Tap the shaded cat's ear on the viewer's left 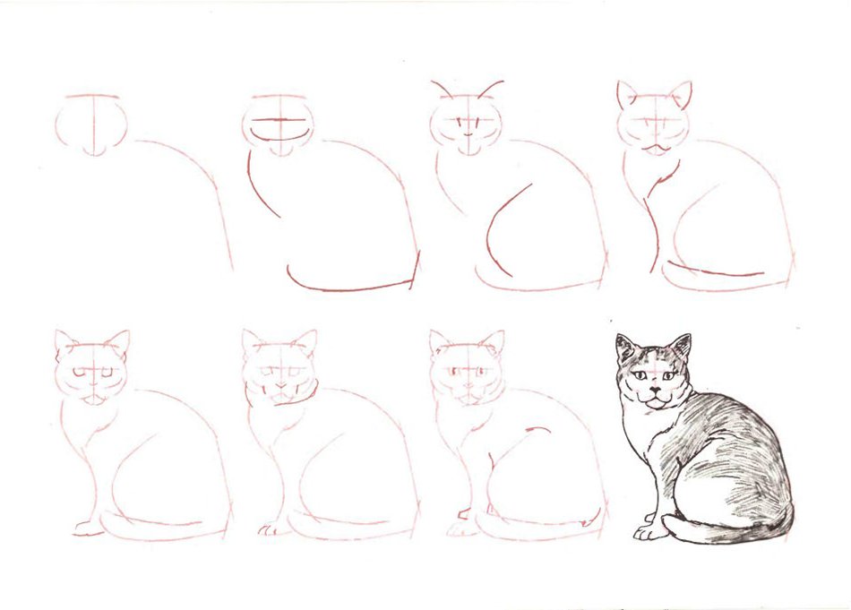(625, 348)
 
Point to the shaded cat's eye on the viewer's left (641, 375)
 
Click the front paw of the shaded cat (647, 532)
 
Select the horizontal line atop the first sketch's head (91, 95)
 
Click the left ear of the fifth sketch (65, 341)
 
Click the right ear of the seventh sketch (492, 343)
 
